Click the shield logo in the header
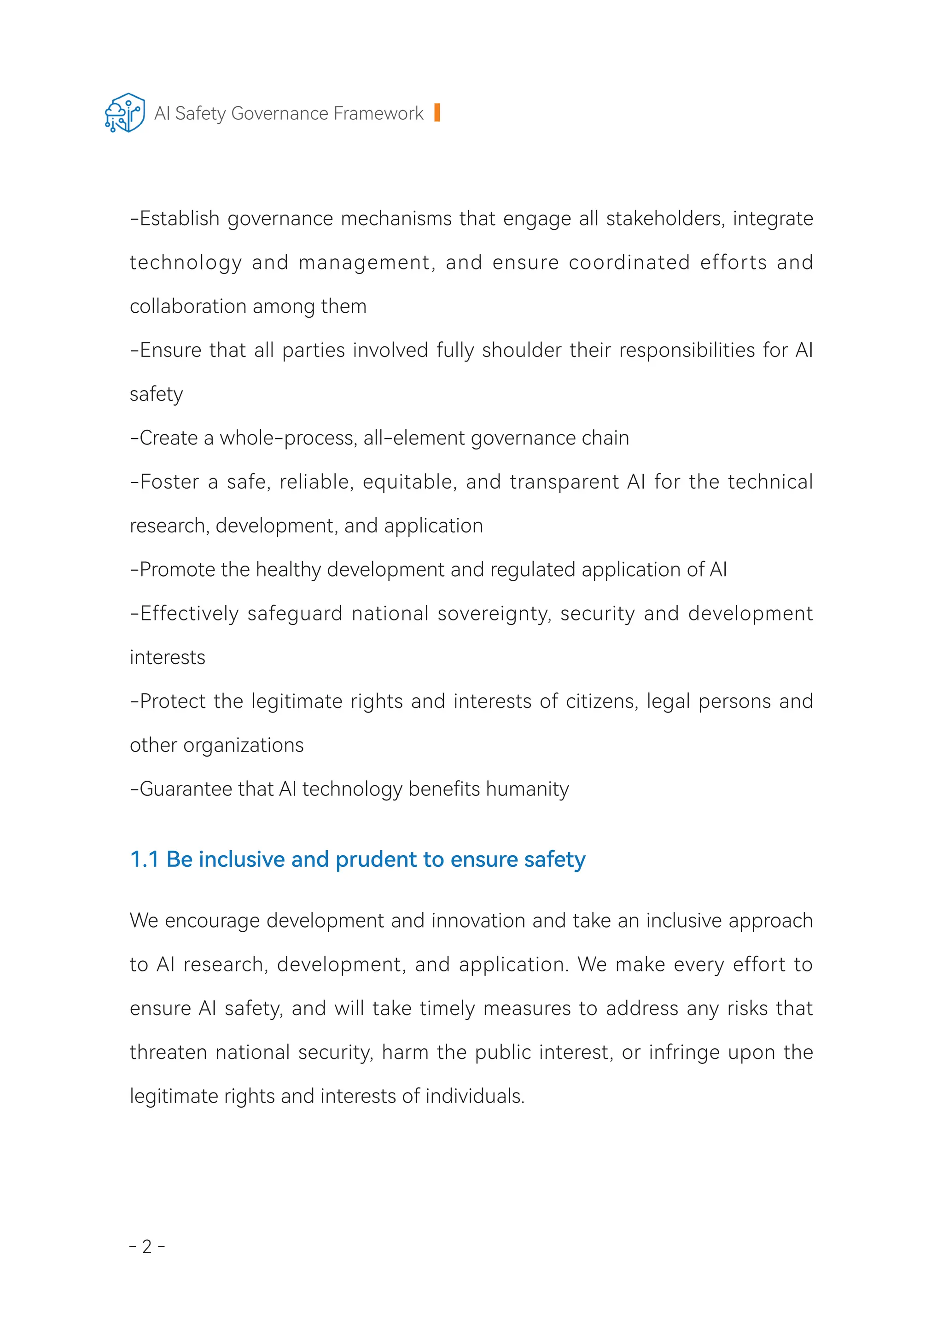point(125,113)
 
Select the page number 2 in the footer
point(147,1247)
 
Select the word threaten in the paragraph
point(169,1052)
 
